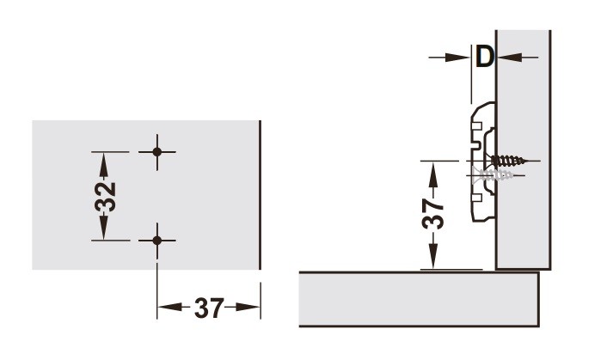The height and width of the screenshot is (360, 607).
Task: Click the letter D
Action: (x=485, y=58)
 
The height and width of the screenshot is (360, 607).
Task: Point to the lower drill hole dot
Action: (x=156, y=241)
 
